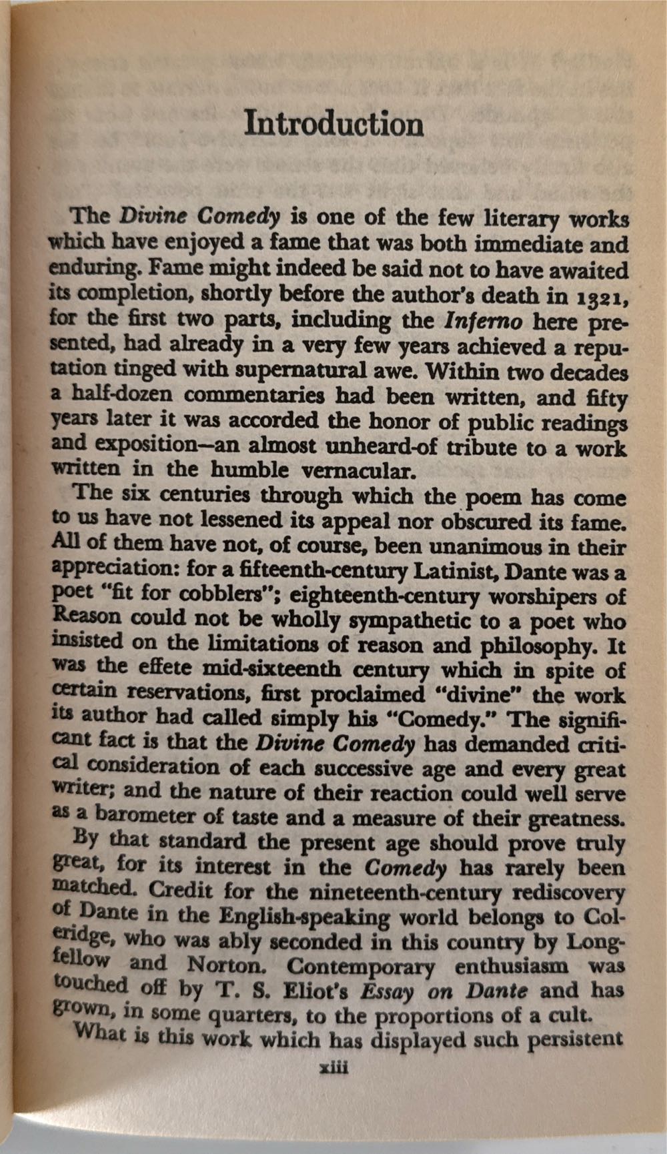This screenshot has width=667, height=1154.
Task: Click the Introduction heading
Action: (333, 124)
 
